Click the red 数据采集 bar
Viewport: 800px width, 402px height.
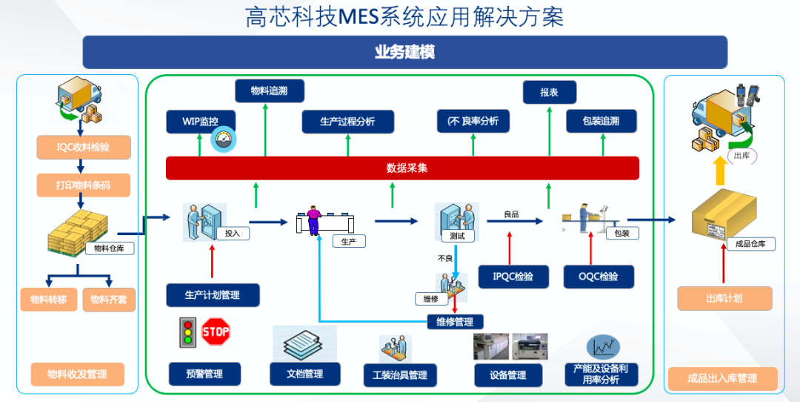(402, 168)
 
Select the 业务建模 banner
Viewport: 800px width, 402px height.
(405, 52)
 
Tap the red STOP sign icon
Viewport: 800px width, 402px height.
(216, 332)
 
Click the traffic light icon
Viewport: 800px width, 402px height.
(187, 332)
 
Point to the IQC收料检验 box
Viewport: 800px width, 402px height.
(84, 148)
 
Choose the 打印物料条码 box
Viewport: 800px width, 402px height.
(84, 185)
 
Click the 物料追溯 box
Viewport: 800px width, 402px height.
(270, 91)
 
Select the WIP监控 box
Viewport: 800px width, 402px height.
(201, 122)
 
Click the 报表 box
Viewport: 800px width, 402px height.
(550, 93)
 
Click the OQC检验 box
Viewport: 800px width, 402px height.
(599, 277)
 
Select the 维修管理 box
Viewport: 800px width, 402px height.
(455, 322)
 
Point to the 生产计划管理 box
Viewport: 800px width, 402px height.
(213, 295)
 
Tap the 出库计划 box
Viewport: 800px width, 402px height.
(724, 299)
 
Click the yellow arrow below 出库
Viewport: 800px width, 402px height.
(720, 171)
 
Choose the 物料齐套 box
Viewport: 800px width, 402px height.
(109, 300)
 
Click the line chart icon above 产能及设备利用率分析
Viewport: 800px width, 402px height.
(603, 347)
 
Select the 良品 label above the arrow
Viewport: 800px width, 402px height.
(511, 214)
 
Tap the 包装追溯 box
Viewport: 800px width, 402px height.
(601, 122)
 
